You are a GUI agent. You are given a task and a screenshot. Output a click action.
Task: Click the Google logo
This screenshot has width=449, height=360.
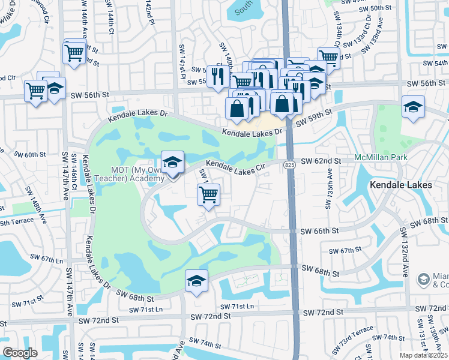20,353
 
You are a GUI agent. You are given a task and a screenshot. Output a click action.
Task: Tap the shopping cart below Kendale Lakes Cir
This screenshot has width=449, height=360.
208,194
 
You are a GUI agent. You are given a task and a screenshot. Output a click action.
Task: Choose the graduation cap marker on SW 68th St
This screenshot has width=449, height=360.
196,280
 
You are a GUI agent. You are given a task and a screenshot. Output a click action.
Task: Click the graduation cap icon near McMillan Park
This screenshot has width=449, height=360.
413,107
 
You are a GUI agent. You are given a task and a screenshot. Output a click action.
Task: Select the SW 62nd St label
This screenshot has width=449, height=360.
321,161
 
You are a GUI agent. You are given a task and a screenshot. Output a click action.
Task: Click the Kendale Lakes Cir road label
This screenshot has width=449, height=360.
235,167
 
